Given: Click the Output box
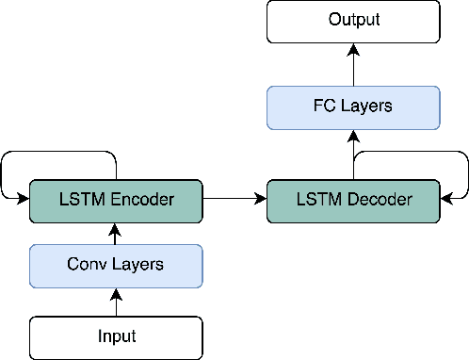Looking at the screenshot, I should coord(354,21).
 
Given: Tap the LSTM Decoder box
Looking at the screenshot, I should coord(354,199).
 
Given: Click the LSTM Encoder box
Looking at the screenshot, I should coord(116,199).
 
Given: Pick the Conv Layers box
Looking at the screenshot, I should coord(116,264).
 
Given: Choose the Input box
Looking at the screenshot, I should coord(116,336).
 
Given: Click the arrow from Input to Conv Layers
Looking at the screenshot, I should coord(116,302).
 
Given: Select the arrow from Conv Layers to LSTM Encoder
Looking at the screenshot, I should coord(116,233).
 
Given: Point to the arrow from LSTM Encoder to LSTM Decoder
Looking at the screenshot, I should coord(234,199).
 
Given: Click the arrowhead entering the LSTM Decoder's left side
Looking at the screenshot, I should coord(262,199).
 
